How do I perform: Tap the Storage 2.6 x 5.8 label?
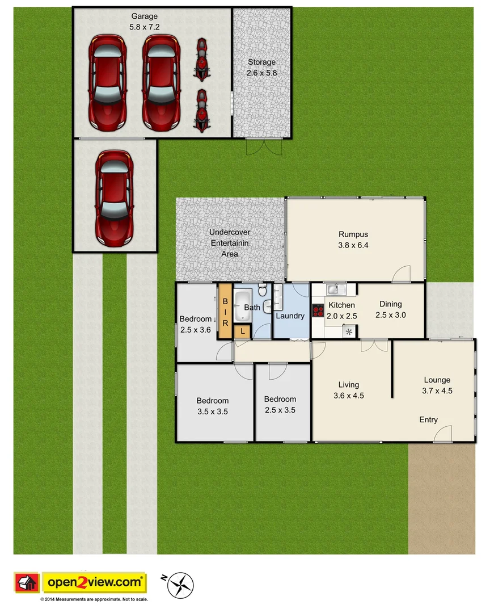[261, 68]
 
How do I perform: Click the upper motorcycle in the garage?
[201, 58]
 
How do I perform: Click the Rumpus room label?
[353, 239]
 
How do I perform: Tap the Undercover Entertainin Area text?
[229, 243]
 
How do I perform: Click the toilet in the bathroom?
[263, 291]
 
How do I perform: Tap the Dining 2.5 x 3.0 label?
[391, 309]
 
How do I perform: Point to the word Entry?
[428, 420]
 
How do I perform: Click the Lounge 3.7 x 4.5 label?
[437, 385]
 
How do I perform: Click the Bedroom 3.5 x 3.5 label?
[213, 406]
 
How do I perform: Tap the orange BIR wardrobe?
[225, 312]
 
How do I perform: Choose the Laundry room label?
[290, 316]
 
